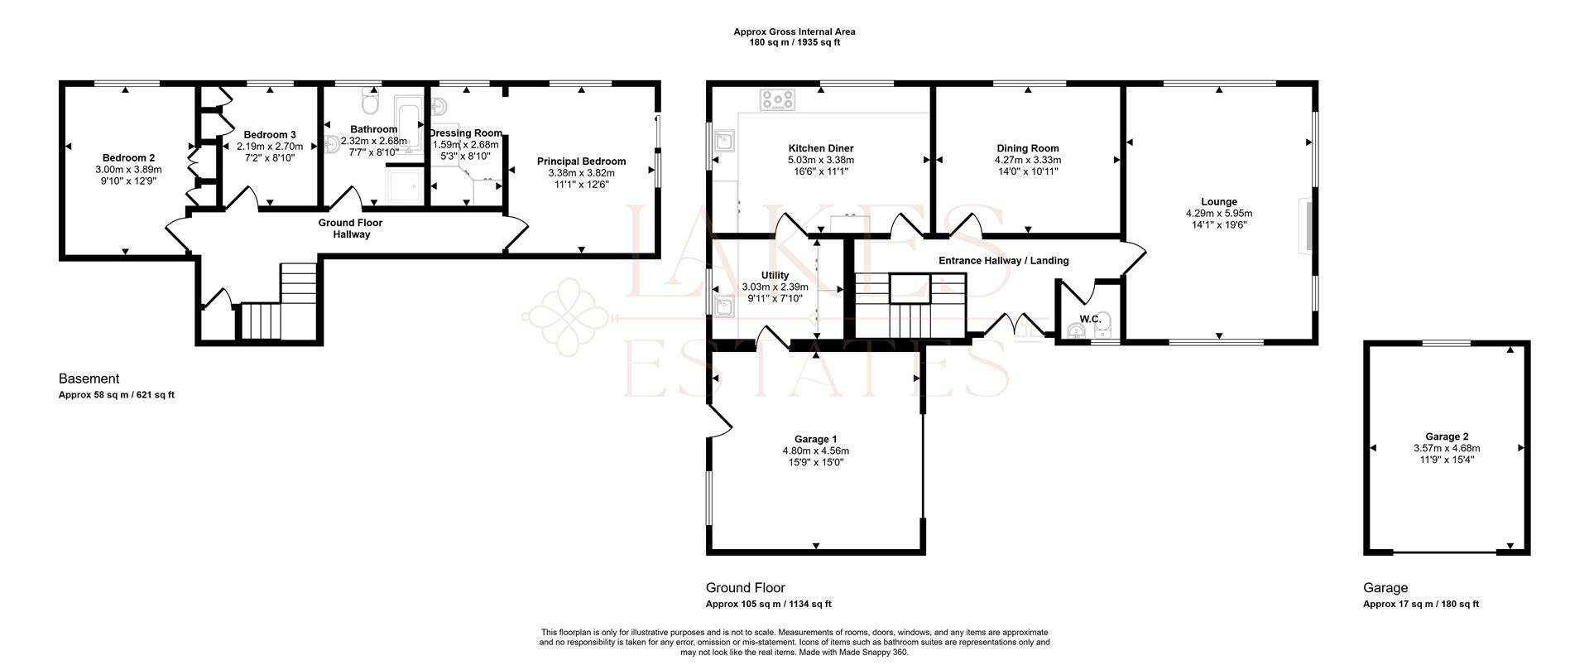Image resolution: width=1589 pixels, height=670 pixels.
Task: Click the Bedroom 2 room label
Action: [x=128, y=157]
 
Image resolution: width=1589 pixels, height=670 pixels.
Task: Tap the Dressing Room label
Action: [x=466, y=133]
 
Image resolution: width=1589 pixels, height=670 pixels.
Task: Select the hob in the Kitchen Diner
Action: [x=778, y=100]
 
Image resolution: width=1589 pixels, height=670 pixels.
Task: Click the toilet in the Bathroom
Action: [x=370, y=104]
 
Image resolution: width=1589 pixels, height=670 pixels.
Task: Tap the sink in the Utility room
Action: [x=726, y=306]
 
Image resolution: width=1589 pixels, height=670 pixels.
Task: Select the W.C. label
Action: [x=1090, y=319]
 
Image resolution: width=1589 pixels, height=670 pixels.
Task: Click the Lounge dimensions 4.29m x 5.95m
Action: [x=1218, y=213]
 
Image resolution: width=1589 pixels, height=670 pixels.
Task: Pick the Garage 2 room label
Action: [x=1447, y=436]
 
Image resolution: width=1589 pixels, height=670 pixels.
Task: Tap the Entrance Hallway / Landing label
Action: [x=1003, y=260]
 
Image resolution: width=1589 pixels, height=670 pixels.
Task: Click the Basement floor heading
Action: [x=89, y=378]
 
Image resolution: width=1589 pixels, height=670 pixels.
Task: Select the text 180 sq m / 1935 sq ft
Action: [x=794, y=42]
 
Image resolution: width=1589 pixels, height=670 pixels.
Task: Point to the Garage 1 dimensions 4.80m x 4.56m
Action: [x=815, y=451]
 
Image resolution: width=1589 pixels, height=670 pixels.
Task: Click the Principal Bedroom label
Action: [x=581, y=161]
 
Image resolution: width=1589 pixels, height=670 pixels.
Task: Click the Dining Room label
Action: [x=1027, y=148]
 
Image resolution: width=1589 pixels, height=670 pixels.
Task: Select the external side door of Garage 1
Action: [x=718, y=420]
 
